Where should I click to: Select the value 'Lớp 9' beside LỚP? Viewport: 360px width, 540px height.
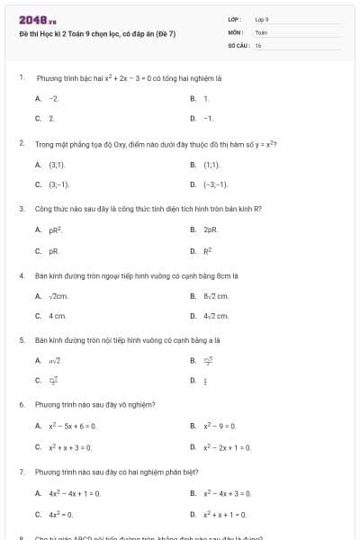pos(262,19)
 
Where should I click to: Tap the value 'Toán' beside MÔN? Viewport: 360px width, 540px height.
pos(261,31)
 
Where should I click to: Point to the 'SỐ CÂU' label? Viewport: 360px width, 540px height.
pos(238,44)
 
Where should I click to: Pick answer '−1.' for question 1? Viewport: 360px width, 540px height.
pos(208,118)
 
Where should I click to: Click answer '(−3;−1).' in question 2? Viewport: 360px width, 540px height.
pos(215,184)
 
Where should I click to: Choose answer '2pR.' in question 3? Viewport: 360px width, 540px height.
pos(211,229)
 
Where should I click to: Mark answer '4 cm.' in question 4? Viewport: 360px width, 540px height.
pos(58,316)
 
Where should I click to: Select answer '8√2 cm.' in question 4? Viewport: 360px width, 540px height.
pos(216,295)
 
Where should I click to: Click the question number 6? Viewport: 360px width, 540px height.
pos(22,404)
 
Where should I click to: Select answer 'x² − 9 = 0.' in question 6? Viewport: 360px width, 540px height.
pos(220,426)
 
